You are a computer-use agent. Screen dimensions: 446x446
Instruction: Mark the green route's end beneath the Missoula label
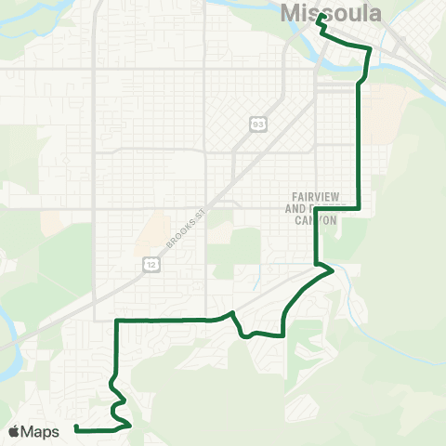[x=319, y=17]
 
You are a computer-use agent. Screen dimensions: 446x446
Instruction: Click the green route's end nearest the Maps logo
[x=75, y=428]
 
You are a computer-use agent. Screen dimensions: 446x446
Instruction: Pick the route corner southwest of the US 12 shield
[x=116, y=321]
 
